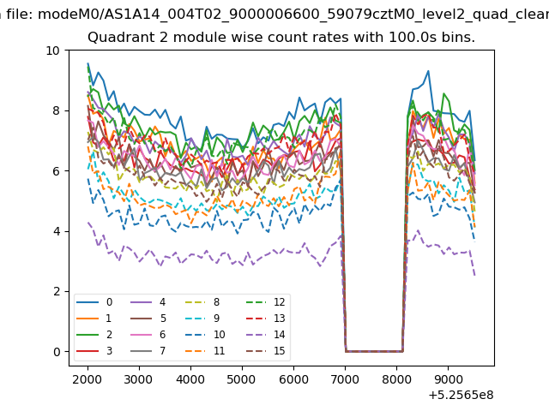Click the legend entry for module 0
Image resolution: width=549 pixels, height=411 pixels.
coord(94,302)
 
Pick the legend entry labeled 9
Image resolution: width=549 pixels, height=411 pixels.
coord(202,318)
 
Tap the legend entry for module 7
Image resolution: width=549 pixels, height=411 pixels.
coord(148,350)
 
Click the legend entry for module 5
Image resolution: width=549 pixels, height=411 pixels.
coord(148,318)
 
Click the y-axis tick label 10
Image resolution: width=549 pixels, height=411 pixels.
coord(53,51)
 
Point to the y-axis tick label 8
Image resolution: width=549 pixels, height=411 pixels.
coord(57,110)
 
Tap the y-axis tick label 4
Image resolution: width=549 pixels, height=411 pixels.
coord(57,231)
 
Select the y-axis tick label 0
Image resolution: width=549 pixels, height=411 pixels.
coord(57,352)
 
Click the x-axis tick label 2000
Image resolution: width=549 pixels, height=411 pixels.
coord(87,379)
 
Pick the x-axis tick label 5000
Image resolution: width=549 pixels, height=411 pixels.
coord(242,379)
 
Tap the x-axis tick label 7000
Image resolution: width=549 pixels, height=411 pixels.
coord(345,379)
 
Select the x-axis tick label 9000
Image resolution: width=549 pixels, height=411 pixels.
coord(448,379)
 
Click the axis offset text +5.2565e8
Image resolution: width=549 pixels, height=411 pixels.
coord(461,395)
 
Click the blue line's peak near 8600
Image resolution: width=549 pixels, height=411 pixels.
coord(428,71)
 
